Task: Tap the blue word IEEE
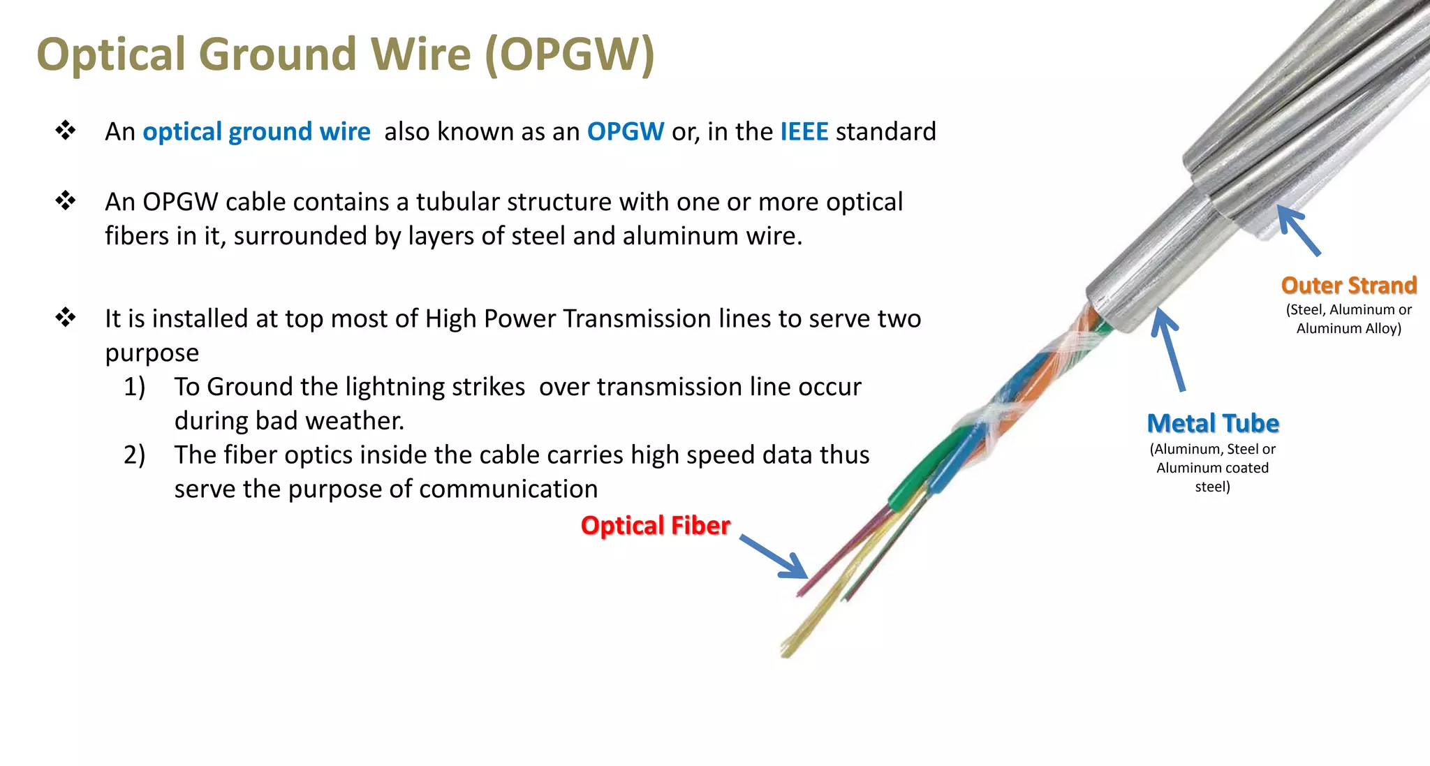[x=804, y=131]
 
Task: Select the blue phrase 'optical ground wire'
[x=256, y=132]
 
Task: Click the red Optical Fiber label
[x=655, y=525]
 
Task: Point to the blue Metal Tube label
[x=1213, y=423]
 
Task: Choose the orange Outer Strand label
[x=1348, y=285]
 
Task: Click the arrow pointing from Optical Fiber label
[x=774, y=557]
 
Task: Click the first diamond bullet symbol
[x=66, y=131]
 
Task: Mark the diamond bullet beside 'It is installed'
[x=66, y=318]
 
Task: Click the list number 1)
[x=135, y=387]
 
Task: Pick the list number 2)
[x=135, y=455]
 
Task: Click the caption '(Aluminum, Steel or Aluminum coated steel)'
[x=1212, y=468]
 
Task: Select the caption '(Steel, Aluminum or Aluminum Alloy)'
[x=1348, y=319]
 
